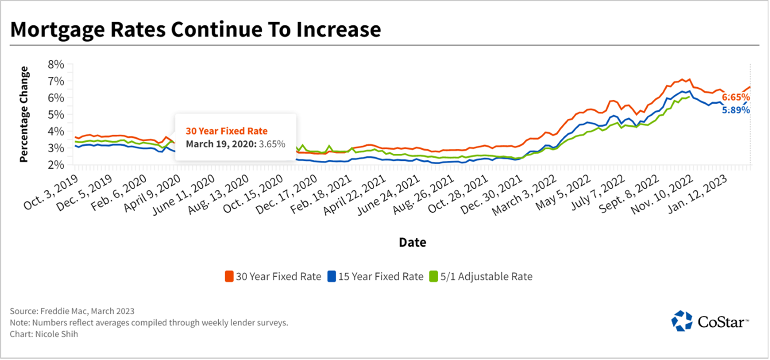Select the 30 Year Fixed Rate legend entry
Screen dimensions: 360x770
[x=273, y=276]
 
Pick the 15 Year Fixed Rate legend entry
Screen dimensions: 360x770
[x=375, y=276]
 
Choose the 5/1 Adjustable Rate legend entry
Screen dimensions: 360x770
[x=481, y=276]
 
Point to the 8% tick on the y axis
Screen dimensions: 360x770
[x=56, y=64]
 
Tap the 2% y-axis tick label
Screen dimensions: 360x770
[x=56, y=164]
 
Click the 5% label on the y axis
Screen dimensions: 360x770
[x=56, y=114]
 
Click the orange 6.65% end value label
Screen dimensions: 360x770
[x=735, y=97]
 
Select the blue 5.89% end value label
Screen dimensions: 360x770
[x=735, y=109]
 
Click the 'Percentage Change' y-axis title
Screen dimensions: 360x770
[x=24, y=114]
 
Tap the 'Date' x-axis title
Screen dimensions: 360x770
[x=412, y=242]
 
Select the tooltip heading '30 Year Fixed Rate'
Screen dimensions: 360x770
[x=227, y=131]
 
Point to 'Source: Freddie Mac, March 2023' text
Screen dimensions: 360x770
[x=72, y=311]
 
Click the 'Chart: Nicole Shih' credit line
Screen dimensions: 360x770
[x=44, y=334]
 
